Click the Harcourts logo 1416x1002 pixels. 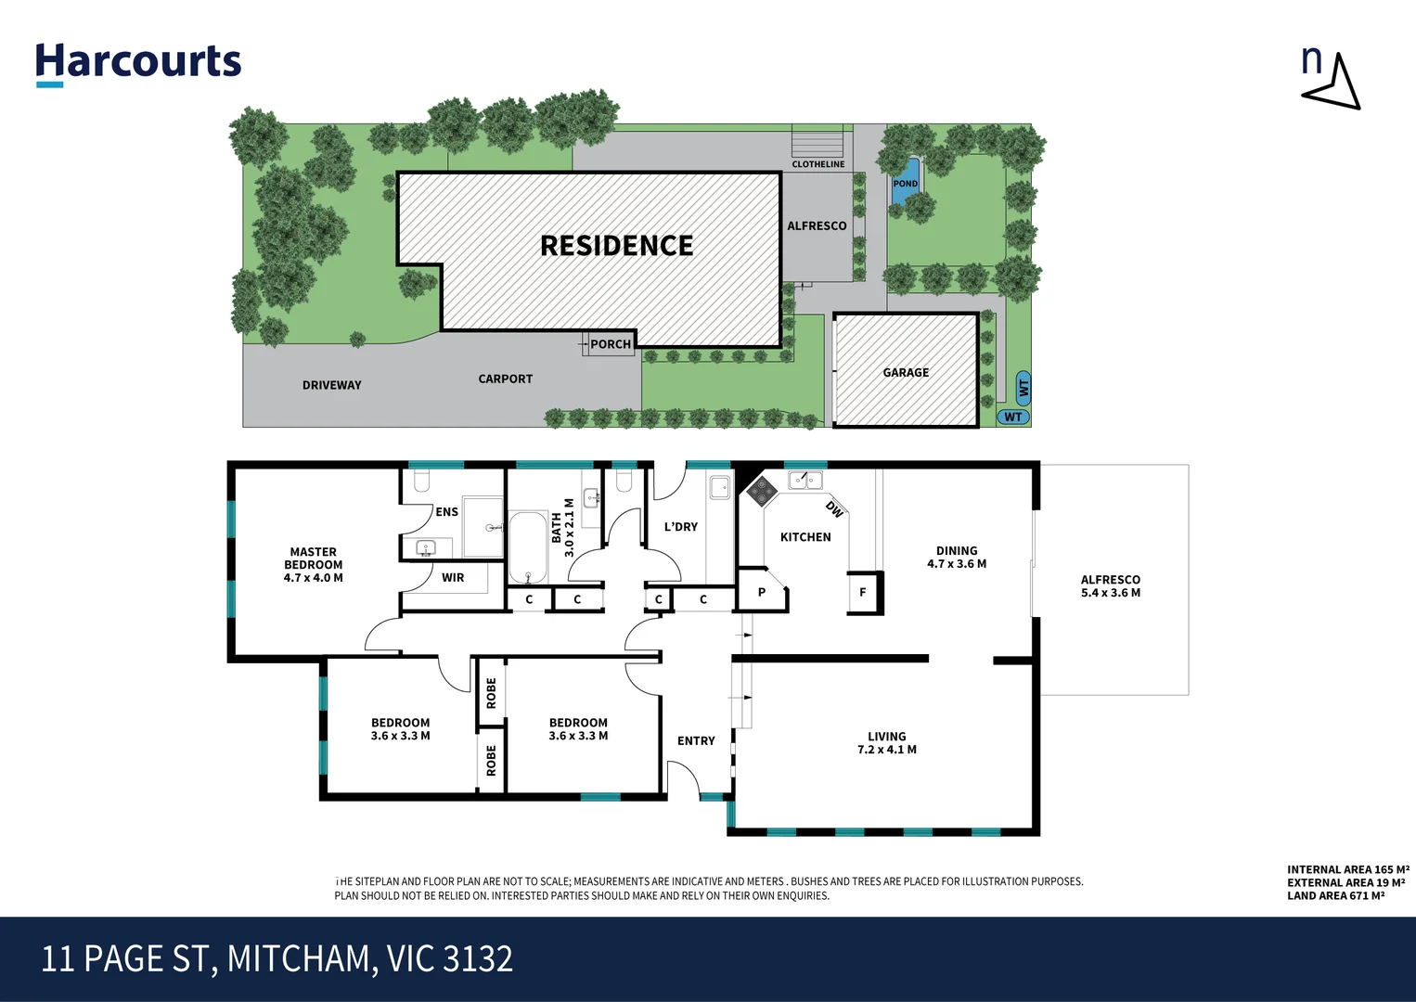click(138, 63)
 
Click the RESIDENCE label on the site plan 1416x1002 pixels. click(616, 246)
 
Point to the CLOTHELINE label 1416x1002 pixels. click(817, 164)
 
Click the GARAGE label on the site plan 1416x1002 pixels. click(906, 373)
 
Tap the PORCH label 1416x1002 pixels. click(610, 344)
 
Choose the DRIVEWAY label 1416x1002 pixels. click(331, 385)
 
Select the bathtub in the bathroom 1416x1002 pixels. click(528, 546)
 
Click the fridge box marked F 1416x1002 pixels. click(863, 592)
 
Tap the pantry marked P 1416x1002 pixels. click(762, 592)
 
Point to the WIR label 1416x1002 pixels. click(453, 578)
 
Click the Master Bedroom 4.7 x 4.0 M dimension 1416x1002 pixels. click(313, 578)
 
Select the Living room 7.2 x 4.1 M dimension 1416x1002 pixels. click(886, 750)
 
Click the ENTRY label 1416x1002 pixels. click(696, 741)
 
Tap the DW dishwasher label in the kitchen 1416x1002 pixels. click(834, 508)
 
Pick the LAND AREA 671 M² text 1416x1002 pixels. click(1335, 895)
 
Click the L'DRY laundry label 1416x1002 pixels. click(680, 527)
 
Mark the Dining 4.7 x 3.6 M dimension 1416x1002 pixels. click(956, 564)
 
